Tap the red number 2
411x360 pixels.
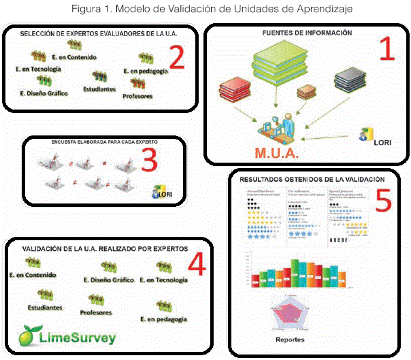tap(176, 59)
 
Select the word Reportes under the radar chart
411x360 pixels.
tap(289, 338)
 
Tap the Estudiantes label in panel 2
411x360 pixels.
tap(99, 88)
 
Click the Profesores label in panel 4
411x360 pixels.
tap(95, 313)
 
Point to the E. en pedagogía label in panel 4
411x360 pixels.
tap(161, 319)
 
